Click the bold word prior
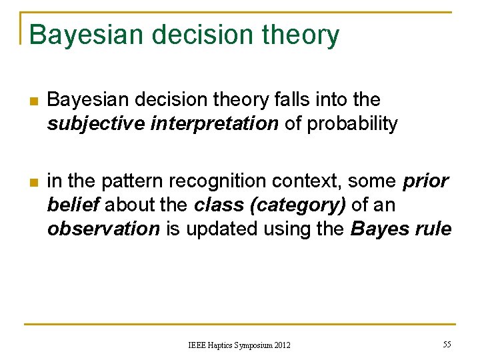point(425,182)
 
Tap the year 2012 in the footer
point(278,345)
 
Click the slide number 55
point(446,344)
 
